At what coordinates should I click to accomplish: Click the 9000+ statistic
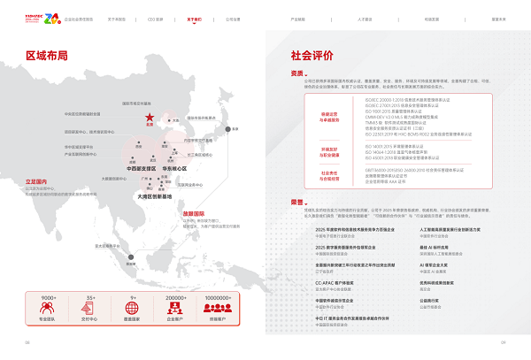(x=49, y=297)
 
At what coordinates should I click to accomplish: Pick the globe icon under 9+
(x=134, y=309)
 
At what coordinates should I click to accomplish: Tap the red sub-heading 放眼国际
(x=194, y=213)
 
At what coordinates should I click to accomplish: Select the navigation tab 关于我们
(x=194, y=18)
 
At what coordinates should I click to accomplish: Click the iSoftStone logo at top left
(x=36, y=17)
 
